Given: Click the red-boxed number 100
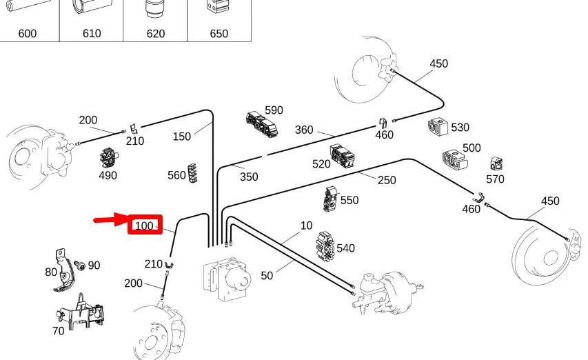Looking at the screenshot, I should [x=144, y=226].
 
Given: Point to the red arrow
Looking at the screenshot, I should [x=111, y=221].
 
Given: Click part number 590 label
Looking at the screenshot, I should [x=274, y=110].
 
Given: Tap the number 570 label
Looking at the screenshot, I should [x=495, y=179].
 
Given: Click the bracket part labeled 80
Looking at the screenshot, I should [x=65, y=269].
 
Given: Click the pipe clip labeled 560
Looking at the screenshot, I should [x=196, y=173].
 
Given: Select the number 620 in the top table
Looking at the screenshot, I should [x=155, y=33].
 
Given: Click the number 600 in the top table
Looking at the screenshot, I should [x=28, y=33].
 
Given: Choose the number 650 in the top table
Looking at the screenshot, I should [x=219, y=33].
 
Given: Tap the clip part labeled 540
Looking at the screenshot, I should [x=325, y=245].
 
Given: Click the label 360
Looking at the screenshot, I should [x=304, y=130].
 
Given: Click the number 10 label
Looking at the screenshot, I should [x=306, y=226].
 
